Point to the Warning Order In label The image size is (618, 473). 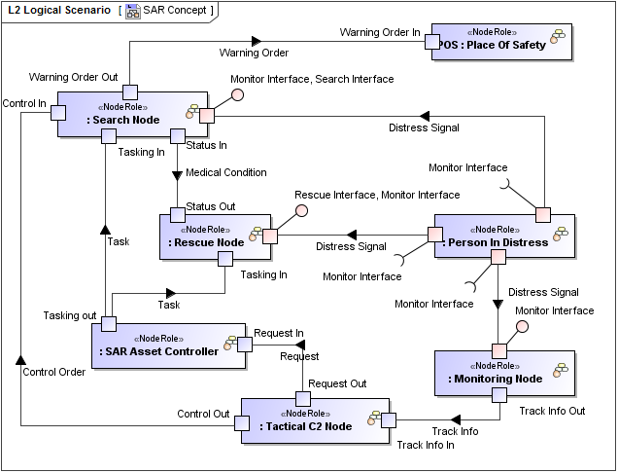pyautogui.click(x=379, y=32)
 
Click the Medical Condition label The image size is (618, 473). pyautogui.click(x=225, y=172)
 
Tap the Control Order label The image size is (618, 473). pyautogui.click(x=53, y=371)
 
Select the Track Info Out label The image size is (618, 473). pyautogui.click(x=551, y=410)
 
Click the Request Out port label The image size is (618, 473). pyautogui.click(x=337, y=383)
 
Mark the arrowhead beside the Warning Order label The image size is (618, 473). pyautogui.click(x=257, y=41)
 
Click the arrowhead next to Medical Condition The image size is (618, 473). pyautogui.click(x=177, y=175)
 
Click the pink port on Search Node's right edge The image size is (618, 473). pyautogui.click(x=206, y=115)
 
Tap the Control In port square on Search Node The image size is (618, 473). pyautogui.click(x=57, y=112)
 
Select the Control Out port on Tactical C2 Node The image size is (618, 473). pyautogui.click(x=241, y=421)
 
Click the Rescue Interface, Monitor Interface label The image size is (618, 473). pyautogui.click(x=377, y=195)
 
